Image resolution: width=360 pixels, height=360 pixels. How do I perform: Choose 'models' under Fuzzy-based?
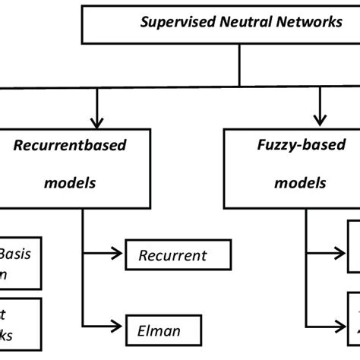[301, 183]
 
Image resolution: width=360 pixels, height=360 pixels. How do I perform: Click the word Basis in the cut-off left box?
[16, 254]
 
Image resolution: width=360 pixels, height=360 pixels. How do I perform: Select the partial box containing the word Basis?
[20, 264]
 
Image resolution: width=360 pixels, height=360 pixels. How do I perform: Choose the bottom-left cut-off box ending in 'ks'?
[20, 324]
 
